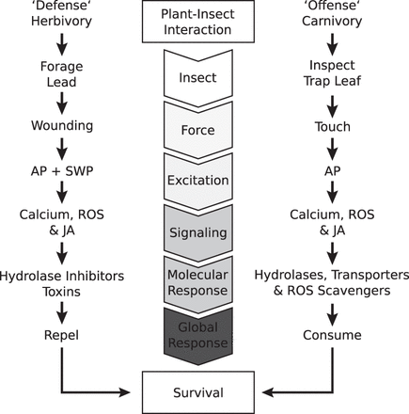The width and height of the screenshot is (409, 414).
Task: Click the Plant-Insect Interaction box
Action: coord(204,22)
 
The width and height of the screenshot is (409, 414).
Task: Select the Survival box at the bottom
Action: coord(204,390)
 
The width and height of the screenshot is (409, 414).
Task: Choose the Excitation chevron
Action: coord(204,179)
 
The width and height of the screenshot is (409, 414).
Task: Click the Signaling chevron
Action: coord(204,231)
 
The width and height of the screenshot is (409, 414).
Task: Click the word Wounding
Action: coord(62,125)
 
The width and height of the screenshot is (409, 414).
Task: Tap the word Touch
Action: coord(332,126)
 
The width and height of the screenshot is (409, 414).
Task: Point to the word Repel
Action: coord(62,334)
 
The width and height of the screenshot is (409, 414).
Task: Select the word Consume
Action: coord(332,334)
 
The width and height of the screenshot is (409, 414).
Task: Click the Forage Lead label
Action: coord(62,73)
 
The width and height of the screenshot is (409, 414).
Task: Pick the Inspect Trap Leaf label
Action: coord(332,73)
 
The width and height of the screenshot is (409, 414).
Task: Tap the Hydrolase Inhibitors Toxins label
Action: coord(62,282)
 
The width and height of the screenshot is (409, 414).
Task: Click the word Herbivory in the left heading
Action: coord(63,21)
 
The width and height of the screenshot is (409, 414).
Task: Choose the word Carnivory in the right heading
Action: coord(332,21)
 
